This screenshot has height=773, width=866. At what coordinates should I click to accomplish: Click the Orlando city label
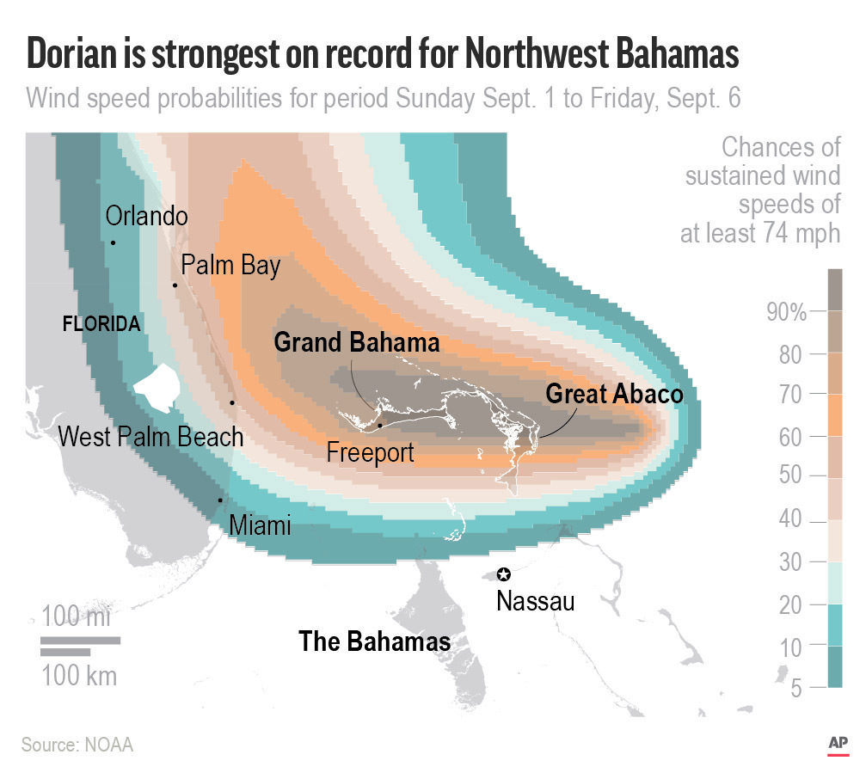pyautogui.click(x=145, y=215)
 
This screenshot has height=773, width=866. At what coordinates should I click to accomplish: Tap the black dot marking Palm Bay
pyautogui.click(x=175, y=285)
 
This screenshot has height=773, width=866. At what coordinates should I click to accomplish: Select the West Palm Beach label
pyautogui.click(x=150, y=437)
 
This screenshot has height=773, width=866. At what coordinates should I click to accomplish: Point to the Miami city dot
pyautogui.click(x=220, y=500)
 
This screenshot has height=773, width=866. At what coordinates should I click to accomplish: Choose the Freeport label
pyautogui.click(x=370, y=451)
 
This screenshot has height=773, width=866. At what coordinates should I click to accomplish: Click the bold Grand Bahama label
pyautogui.click(x=356, y=342)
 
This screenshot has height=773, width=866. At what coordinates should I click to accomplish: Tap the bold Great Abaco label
pyautogui.click(x=614, y=394)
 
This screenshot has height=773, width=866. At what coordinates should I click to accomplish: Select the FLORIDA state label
pyautogui.click(x=101, y=324)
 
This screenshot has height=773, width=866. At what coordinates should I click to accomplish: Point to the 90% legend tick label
pyautogui.click(x=786, y=312)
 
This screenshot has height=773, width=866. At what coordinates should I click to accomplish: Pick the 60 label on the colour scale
pyautogui.click(x=791, y=437)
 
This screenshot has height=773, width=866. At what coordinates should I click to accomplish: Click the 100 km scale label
pyautogui.click(x=79, y=675)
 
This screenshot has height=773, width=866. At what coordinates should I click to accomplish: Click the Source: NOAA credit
pyautogui.click(x=77, y=744)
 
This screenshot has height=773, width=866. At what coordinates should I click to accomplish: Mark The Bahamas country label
pyautogui.click(x=374, y=641)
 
